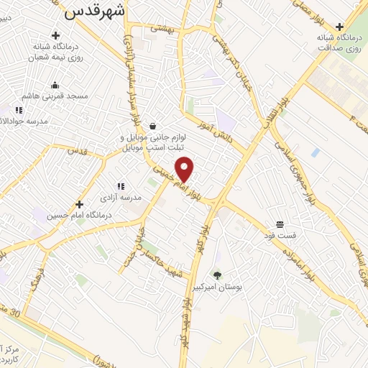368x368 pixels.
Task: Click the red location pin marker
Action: [x=185, y=169]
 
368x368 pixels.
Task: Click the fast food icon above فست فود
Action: [x=279, y=224]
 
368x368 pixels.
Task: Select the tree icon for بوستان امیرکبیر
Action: [x=218, y=275]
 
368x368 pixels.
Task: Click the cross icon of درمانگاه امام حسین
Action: [x=79, y=204]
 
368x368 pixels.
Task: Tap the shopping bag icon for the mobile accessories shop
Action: [x=152, y=126]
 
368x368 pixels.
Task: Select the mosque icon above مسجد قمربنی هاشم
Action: [x=55, y=85]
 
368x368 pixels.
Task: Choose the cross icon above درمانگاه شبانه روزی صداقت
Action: [x=339, y=27]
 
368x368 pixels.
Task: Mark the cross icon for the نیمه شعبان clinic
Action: [x=55, y=35]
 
